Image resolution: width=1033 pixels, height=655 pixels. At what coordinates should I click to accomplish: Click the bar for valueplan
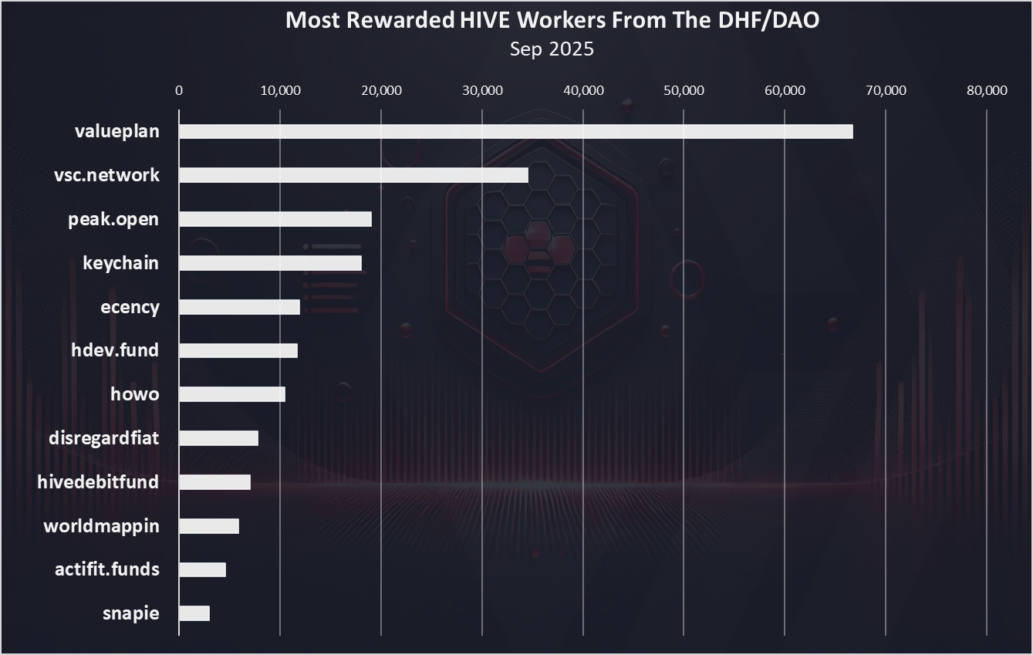(x=515, y=131)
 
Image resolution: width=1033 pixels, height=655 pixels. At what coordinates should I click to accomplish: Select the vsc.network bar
(x=353, y=175)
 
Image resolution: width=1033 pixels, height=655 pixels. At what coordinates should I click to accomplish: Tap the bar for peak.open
(x=275, y=219)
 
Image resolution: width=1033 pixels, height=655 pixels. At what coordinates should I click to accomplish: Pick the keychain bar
(x=270, y=263)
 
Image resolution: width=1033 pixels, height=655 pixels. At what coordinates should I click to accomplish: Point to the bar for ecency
(x=239, y=307)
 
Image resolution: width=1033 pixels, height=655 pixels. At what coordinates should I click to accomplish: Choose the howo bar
(x=231, y=394)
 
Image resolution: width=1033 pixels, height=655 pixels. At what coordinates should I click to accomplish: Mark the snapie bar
(x=194, y=613)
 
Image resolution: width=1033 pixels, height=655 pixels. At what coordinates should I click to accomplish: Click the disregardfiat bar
(x=218, y=438)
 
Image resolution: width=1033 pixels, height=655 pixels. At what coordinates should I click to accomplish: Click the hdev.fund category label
(x=114, y=350)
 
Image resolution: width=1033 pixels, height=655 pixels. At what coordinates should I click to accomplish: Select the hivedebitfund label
(x=98, y=482)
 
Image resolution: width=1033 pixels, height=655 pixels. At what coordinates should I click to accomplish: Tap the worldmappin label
(x=101, y=526)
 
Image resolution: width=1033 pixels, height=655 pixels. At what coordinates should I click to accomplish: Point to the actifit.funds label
(x=107, y=569)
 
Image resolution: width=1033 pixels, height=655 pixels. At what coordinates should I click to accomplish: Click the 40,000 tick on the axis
(x=583, y=90)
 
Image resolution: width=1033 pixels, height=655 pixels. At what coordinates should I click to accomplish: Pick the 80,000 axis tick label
(x=987, y=90)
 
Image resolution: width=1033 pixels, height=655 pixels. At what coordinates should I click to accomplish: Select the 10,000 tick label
(x=280, y=90)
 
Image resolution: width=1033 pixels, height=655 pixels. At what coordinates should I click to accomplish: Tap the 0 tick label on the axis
(x=179, y=90)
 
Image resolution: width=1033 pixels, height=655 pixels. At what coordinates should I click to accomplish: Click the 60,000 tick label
(x=785, y=90)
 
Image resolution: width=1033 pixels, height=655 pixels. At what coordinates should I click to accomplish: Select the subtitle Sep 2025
(x=552, y=49)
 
